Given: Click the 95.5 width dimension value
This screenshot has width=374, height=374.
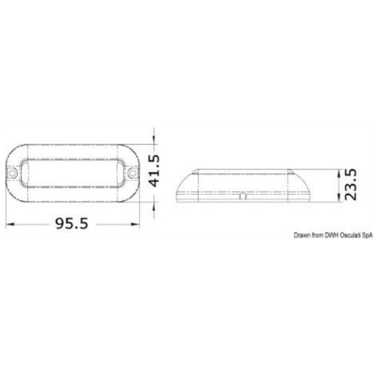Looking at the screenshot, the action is coord(72,223).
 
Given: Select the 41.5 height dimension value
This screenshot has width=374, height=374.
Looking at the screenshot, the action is coord(154,171).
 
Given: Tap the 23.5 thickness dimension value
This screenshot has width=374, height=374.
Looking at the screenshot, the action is coord(351,184).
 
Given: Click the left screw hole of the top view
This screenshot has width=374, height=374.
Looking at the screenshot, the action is coord(13,173).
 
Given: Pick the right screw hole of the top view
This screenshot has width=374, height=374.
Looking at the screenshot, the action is coord(133,173).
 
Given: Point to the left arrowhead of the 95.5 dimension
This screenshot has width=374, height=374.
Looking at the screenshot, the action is coord(10,224).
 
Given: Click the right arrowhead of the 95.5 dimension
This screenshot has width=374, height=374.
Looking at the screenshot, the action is coord(135,224).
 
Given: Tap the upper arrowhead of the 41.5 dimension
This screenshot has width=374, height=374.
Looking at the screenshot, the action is coord(154,140).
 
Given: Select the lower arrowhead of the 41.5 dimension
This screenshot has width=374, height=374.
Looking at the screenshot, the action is coord(154,207).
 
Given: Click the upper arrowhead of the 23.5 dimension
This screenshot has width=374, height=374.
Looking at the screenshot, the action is coord(338,173).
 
